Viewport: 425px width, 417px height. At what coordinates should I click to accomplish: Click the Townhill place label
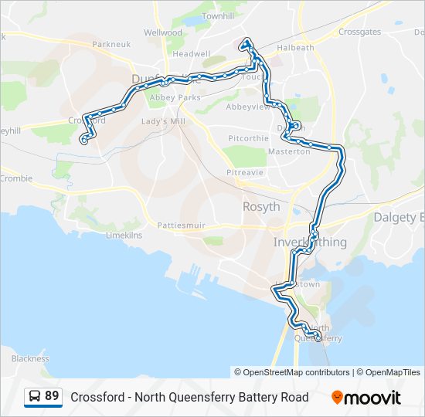217,15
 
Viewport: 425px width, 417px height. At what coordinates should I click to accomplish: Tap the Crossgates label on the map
359,32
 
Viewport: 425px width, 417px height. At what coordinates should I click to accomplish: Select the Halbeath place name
299,47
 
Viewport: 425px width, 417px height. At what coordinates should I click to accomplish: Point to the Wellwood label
162,33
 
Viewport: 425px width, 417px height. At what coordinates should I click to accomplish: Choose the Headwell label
191,54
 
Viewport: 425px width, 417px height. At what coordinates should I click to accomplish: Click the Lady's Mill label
159,122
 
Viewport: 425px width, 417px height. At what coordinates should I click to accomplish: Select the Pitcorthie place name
248,138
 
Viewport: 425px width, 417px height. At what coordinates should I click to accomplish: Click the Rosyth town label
261,206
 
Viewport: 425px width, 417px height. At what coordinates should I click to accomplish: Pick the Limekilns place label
124,234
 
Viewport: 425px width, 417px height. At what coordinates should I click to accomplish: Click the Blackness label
30,358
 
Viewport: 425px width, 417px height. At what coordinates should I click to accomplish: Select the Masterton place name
290,151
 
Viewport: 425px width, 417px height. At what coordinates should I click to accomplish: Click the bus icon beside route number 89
35,396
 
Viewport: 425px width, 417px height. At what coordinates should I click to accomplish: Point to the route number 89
52,396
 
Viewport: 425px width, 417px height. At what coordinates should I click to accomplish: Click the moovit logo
366,397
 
